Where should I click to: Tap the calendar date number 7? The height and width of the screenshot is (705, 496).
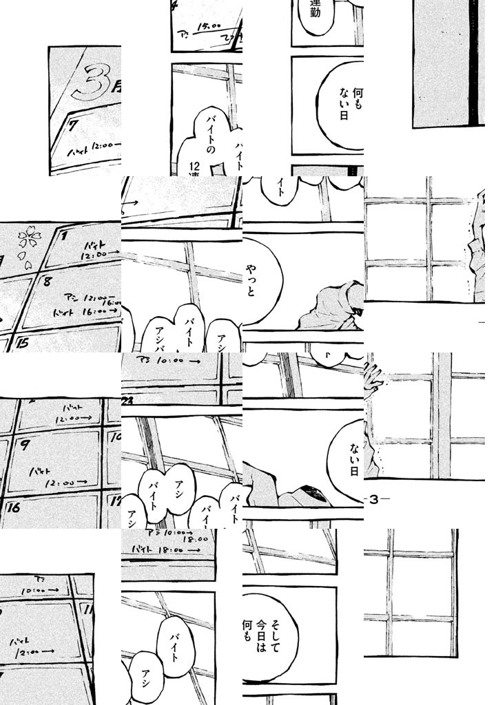[72, 125]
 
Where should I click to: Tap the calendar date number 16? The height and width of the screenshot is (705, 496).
[14, 508]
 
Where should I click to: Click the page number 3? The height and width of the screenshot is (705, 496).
[375, 500]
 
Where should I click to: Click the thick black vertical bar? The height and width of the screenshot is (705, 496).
[473, 62]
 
